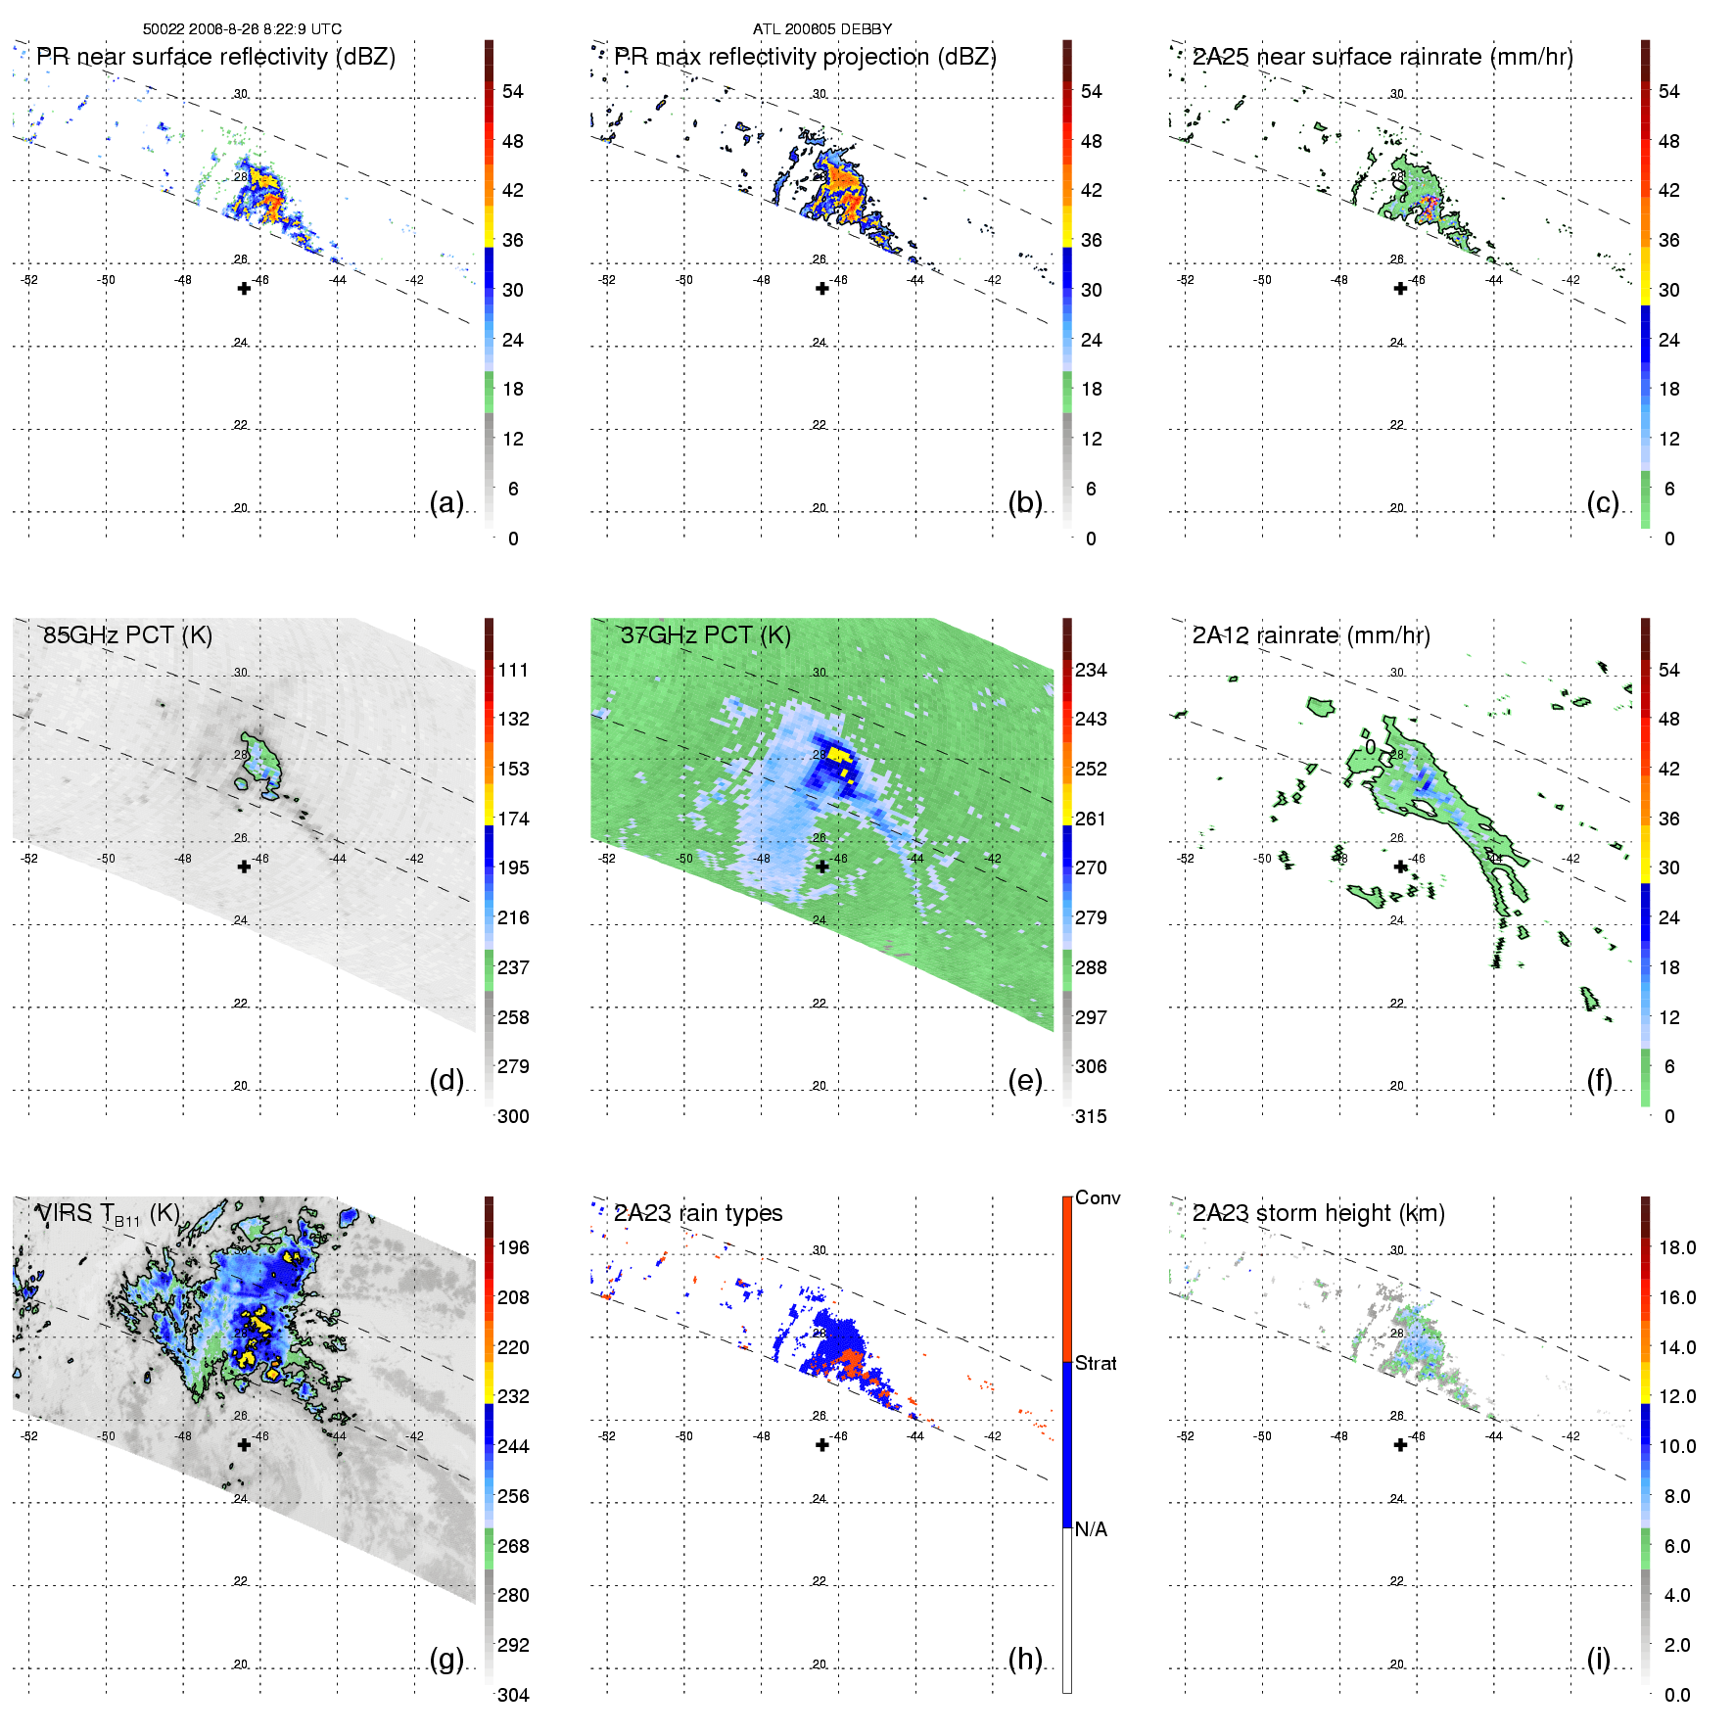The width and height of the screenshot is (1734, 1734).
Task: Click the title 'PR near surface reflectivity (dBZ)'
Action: tap(215, 57)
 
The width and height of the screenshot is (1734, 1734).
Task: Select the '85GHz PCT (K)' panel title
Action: tap(127, 635)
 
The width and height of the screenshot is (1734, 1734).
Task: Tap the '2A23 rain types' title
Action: tap(698, 1213)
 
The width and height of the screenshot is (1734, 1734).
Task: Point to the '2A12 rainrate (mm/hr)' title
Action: tap(1311, 635)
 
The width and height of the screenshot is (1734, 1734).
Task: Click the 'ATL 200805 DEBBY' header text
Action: tap(822, 29)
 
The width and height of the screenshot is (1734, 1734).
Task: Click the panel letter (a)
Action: tap(446, 502)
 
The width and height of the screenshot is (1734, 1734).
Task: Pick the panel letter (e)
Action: tap(1025, 1080)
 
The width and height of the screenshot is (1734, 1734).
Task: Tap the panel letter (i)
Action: tap(1598, 1659)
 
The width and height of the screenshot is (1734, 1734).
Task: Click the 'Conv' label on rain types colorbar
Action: tap(1098, 1197)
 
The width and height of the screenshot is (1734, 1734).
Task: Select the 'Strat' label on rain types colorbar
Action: tap(1096, 1363)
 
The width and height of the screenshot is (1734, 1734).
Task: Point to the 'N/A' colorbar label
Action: tap(1091, 1529)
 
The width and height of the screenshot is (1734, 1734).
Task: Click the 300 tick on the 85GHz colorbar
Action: tap(513, 1116)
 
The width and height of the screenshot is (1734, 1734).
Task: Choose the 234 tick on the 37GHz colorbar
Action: tap(1091, 670)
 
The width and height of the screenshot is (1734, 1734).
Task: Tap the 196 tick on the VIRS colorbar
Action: tap(513, 1247)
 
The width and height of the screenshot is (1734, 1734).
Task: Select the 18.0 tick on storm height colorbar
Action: tap(1677, 1247)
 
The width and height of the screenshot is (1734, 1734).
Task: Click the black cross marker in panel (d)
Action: tap(244, 867)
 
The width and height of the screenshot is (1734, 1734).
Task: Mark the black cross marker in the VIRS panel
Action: tap(244, 1444)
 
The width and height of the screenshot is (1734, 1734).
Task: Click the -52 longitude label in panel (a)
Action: tap(29, 280)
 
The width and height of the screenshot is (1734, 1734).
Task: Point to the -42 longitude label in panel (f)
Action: tap(1571, 859)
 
